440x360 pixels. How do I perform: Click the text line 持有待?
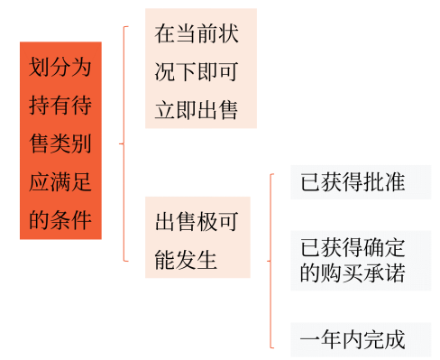[60, 106]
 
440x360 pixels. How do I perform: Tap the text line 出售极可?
[197, 222]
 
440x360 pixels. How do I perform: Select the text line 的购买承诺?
[353, 272]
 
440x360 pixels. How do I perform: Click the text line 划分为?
[60, 68]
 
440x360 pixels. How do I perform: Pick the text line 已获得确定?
[353, 247]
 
